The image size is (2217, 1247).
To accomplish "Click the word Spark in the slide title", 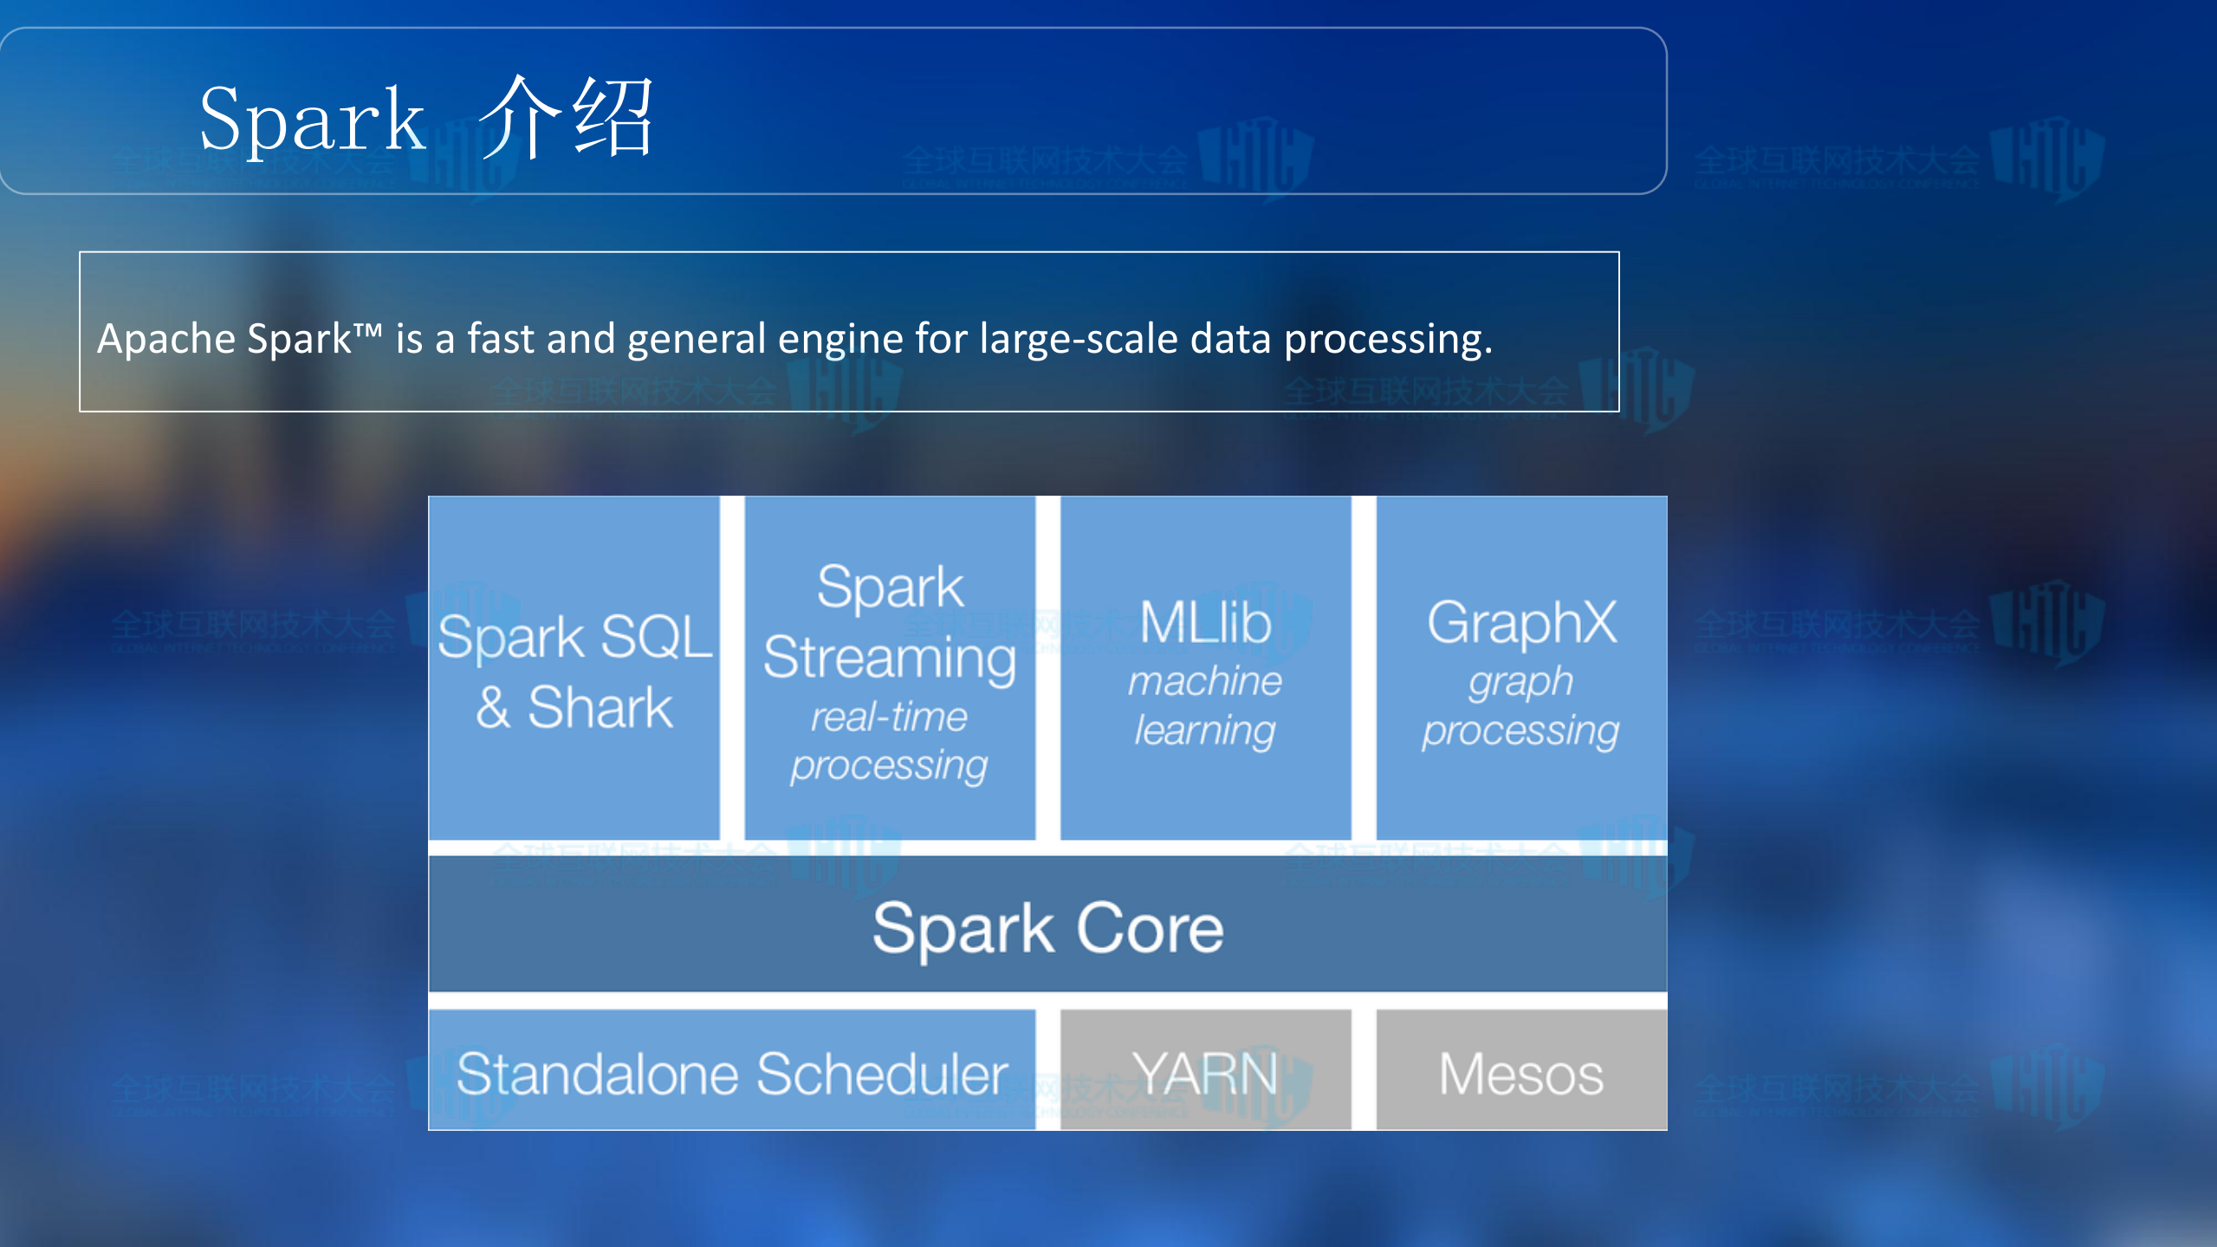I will [x=312, y=120].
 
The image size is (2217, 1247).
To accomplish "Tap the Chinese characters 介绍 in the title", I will [x=567, y=118].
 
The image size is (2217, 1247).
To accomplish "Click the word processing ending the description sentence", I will [x=1386, y=338].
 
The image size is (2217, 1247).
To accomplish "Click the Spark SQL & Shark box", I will [x=574, y=668].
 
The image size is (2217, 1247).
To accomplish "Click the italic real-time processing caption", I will [x=890, y=741].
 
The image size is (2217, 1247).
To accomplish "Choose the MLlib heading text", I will [x=1205, y=622].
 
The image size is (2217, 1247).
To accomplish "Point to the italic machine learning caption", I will [x=1205, y=705].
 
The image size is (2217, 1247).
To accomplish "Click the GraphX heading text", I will [x=1521, y=622].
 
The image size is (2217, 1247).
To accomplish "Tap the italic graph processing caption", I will [x=1521, y=705].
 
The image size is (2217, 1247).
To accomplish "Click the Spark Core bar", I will [x=1047, y=926].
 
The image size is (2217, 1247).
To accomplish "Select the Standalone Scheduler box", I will [x=732, y=1073].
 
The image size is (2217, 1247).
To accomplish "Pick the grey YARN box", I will [x=1205, y=1073].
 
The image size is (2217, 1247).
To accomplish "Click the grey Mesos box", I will [x=1521, y=1073].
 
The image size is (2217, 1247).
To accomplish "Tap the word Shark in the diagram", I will [x=600, y=707].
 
